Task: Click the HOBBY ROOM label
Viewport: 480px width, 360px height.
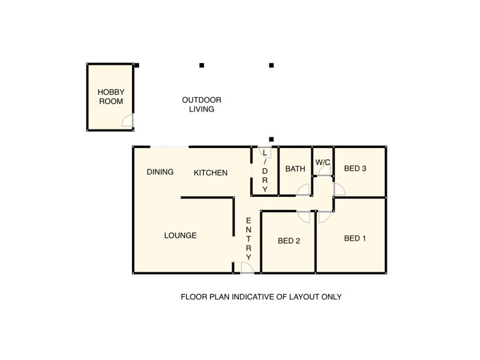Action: [x=111, y=97]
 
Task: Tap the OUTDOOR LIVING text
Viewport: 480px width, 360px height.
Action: [x=202, y=104]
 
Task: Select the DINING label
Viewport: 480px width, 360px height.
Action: [x=160, y=172]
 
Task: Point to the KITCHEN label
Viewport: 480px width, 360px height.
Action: [x=211, y=173]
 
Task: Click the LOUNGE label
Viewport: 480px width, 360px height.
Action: [x=180, y=236]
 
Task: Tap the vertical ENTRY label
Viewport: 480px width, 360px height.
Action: [x=248, y=239]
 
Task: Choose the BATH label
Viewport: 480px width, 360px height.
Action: [x=295, y=169]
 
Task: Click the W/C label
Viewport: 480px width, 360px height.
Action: [x=323, y=162]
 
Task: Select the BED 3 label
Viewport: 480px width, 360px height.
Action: [x=355, y=169]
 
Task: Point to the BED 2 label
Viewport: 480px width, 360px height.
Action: [x=289, y=241]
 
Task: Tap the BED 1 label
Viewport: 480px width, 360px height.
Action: [x=355, y=238]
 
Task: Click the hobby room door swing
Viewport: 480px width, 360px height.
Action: [x=128, y=122]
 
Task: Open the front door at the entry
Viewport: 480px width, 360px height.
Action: [x=246, y=268]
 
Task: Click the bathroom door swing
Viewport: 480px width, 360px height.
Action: [x=304, y=190]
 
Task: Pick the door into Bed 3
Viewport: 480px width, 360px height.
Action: [x=339, y=189]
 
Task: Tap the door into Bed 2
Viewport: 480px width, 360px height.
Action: [x=304, y=217]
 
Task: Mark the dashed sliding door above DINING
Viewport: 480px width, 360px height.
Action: [x=169, y=147]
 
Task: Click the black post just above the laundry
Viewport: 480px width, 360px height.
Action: [x=271, y=139]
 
